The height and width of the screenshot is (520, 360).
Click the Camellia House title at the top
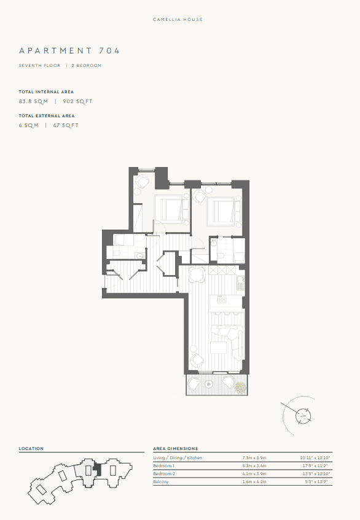178,20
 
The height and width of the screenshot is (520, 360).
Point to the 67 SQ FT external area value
66,125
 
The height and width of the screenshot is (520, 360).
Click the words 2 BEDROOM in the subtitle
86,65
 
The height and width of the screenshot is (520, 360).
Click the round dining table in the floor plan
197,274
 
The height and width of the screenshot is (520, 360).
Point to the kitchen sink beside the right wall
241,282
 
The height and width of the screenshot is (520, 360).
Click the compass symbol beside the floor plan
303,416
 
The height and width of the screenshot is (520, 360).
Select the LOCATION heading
31,449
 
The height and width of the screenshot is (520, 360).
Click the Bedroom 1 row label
164,466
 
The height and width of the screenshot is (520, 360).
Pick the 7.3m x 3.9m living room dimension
256,458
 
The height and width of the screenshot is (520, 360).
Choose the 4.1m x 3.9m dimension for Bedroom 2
256,474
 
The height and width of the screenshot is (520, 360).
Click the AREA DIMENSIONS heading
175,449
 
